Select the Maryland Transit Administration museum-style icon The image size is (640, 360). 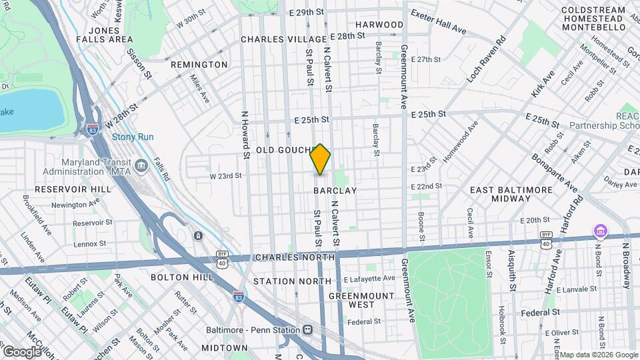pos(141,165)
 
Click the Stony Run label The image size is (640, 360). pos(132,137)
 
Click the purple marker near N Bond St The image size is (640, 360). pos(600,231)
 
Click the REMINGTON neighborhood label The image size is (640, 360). pos(199,65)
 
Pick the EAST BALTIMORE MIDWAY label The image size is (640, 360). pos(511,194)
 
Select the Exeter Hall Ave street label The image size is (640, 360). pos(439,21)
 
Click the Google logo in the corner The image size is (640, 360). pos(22,351)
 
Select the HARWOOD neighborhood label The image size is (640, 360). pos(379,25)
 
